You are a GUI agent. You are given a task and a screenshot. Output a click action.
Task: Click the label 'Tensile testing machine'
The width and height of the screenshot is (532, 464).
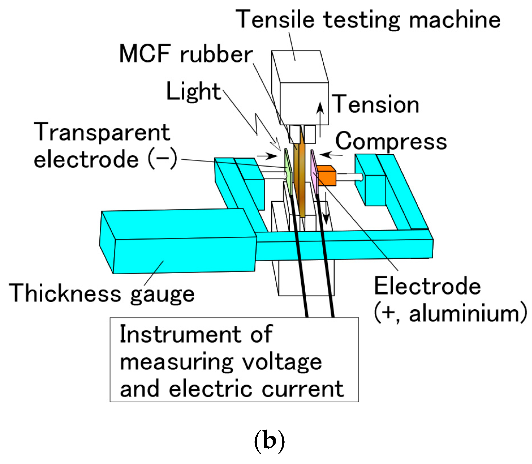pyautogui.click(x=368, y=19)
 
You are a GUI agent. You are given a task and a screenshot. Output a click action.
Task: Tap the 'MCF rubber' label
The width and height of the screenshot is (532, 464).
pyautogui.click(x=186, y=54)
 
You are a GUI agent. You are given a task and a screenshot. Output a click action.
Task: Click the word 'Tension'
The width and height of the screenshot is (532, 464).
pyautogui.click(x=375, y=104)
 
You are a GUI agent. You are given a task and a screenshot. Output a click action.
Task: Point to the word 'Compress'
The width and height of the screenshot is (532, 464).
pyautogui.click(x=391, y=141)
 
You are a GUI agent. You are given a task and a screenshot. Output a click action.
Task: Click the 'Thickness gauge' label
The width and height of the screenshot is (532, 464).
pyautogui.click(x=102, y=293)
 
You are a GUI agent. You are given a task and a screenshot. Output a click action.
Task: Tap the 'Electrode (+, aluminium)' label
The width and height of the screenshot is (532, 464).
pyautogui.click(x=449, y=299)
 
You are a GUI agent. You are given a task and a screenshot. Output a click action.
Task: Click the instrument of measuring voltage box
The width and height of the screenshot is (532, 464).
pyautogui.click(x=234, y=360)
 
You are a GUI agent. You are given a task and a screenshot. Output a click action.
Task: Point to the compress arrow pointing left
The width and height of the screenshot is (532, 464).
pyautogui.click(x=330, y=155)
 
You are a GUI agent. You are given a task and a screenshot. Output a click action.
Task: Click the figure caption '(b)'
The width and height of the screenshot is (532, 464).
pyautogui.click(x=269, y=441)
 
